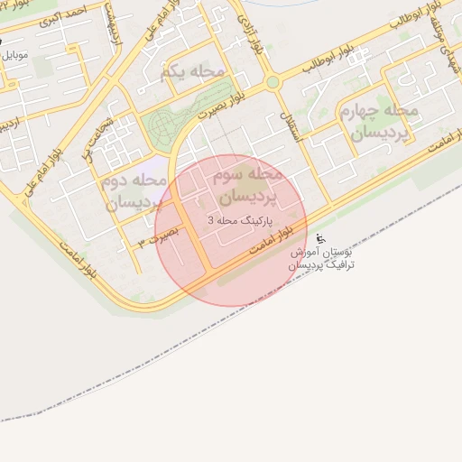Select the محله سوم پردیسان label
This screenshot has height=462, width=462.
246,183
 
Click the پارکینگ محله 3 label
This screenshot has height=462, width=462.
238,220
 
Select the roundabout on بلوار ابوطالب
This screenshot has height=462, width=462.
273,82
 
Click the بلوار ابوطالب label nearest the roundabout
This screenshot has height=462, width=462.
323,64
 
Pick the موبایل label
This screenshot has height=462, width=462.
16,55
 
